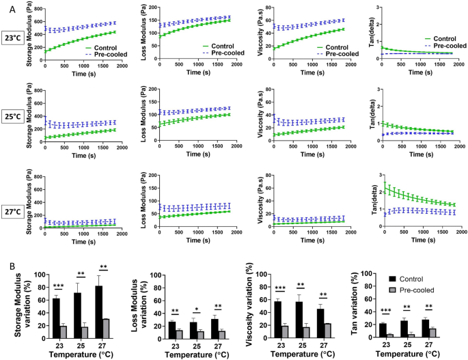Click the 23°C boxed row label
click(x=13, y=38)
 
